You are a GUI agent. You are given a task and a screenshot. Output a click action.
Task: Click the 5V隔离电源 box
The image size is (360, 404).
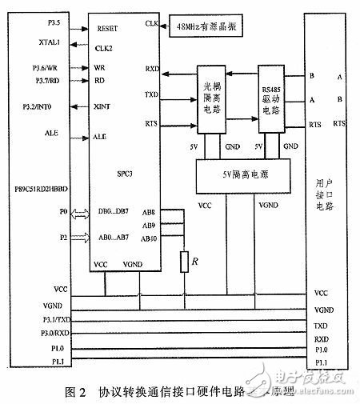pyautogui.click(x=237, y=171)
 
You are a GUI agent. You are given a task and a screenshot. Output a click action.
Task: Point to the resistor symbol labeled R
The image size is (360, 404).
pyautogui.click(x=185, y=261)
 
